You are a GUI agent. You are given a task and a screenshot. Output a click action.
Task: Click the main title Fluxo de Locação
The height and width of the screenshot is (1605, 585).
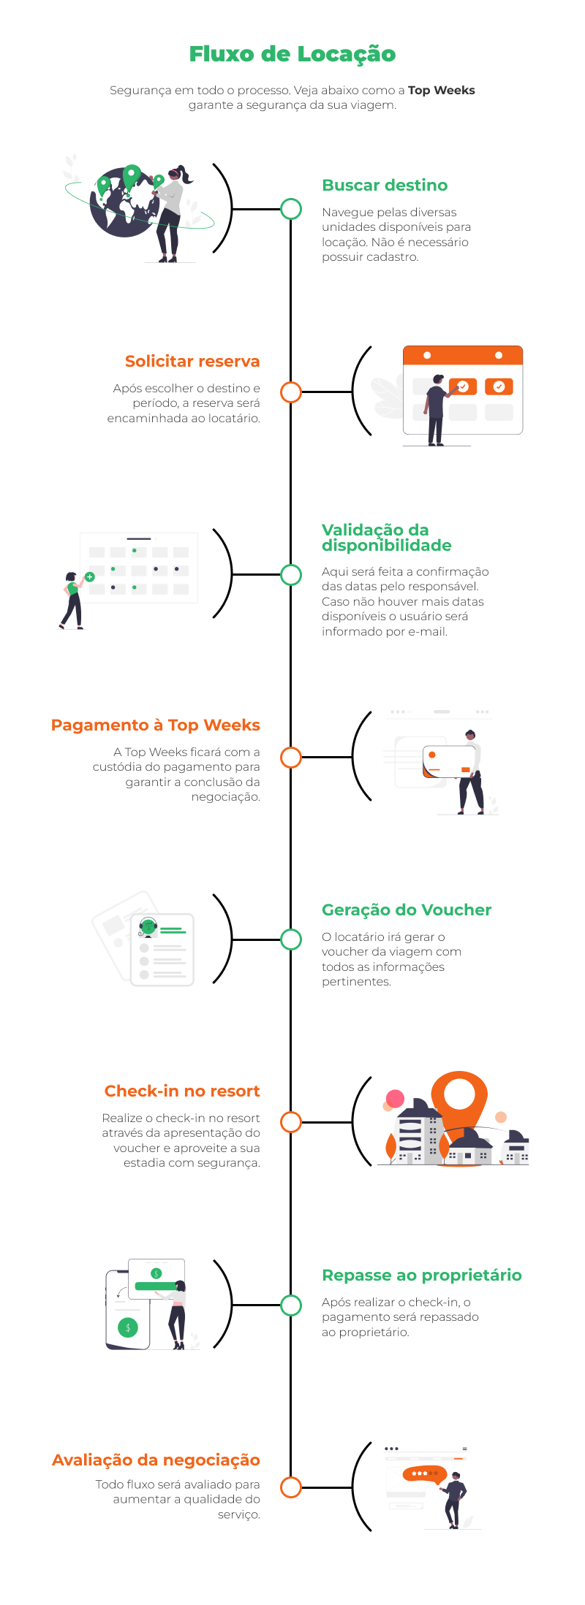pos(292,54)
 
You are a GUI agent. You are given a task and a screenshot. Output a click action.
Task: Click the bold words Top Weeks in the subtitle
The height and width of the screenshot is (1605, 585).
pos(441,91)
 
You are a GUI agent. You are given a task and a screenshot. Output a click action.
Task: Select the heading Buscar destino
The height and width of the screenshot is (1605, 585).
pos(385,186)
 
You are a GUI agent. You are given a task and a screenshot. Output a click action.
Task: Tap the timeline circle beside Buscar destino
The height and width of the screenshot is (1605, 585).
pos(291,209)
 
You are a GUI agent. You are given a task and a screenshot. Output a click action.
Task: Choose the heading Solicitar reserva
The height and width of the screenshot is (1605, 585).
pos(192,362)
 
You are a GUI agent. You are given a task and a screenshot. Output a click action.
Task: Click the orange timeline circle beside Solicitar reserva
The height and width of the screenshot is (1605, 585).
pos(291,392)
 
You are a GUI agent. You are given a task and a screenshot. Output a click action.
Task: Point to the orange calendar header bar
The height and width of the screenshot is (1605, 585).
pos(463,356)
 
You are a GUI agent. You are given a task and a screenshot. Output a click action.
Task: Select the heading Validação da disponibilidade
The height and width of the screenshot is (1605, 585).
pos(386,538)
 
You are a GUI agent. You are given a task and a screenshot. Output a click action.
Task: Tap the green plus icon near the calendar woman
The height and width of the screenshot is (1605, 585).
pos(90,577)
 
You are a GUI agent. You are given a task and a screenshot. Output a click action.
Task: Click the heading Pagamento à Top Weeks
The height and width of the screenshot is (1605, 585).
pos(156,725)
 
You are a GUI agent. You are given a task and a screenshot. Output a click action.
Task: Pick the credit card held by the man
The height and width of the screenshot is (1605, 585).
pos(448,762)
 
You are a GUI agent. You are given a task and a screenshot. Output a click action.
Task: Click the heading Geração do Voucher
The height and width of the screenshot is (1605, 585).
pos(407,910)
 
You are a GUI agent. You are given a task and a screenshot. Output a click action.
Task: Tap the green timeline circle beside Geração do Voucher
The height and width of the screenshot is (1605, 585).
pos(291,939)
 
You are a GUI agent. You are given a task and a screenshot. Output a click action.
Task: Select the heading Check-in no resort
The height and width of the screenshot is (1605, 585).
pos(182,1091)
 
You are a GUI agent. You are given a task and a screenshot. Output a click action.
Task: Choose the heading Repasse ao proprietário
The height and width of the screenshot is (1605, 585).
pos(422,1276)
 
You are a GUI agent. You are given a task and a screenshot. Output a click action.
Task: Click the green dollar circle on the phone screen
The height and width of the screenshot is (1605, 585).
pos(128,1328)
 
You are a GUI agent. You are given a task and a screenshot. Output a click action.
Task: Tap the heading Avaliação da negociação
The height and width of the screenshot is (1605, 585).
pos(156,1460)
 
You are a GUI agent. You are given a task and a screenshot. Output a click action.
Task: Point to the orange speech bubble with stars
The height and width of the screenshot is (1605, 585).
pos(423,1474)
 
